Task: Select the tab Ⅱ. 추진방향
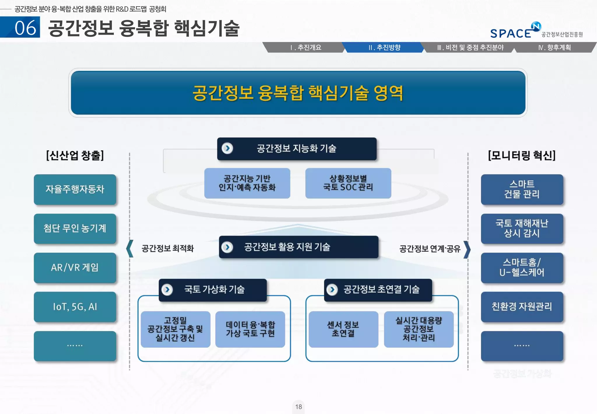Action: point(384,48)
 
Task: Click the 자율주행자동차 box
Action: point(75,189)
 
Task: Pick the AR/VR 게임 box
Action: point(75,268)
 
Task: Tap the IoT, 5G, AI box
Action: point(75,307)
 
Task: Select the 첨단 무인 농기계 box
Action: point(75,229)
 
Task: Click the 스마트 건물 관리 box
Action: point(522,189)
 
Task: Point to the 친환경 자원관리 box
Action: point(522,307)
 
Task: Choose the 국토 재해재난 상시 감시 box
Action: point(522,229)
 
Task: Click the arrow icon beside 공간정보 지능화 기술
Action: point(227,148)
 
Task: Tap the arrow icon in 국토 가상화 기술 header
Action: point(167,290)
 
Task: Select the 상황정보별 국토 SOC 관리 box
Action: point(348,183)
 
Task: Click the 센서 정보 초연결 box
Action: point(343,329)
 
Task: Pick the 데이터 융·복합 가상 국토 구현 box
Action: point(250,329)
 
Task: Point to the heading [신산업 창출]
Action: point(75,155)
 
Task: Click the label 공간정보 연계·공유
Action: point(430,249)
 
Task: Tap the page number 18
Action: point(298,407)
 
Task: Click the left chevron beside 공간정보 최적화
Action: point(130,249)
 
